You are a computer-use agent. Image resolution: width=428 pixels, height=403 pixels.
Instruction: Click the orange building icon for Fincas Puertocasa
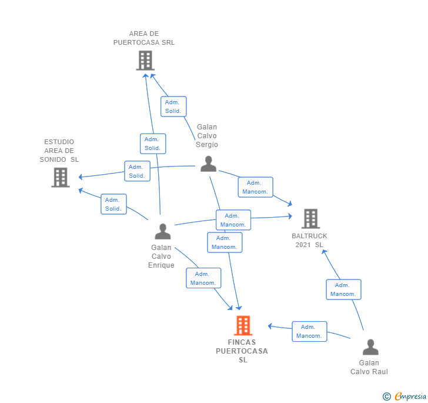pyautogui.click(x=243, y=325)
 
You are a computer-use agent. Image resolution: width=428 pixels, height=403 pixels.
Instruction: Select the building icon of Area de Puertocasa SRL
pyautogui.click(x=145, y=61)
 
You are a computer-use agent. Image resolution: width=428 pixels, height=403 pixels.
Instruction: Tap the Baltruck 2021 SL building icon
pyautogui.click(x=310, y=219)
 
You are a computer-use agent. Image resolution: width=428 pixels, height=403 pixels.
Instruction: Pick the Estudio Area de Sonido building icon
pyautogui.click(x=61, y=177)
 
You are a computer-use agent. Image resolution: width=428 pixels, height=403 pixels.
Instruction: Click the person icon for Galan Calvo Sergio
pyautogui.click(x=208, y=164)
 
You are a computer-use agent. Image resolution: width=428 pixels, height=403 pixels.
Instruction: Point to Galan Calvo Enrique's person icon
pyautogui.click(x=162, y=232)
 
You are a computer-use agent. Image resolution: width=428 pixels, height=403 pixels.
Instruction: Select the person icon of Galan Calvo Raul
pyautogui.click(x=370, y=347)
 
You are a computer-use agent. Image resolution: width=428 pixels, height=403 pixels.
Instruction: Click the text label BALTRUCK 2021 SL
pyautogui.click(x=310, y=240)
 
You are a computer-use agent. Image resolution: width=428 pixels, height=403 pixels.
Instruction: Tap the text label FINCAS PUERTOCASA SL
pyautogui.click(x=242, y=351)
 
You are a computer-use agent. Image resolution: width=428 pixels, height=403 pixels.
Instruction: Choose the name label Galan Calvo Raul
pyautogui.click(x=369, y=367)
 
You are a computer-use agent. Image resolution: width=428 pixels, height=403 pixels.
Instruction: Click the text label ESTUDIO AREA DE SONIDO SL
pyautogui.click(x=59, y=151)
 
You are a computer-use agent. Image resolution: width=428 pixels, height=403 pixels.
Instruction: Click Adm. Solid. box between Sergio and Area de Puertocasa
pyautogui.click(x=173, y=106)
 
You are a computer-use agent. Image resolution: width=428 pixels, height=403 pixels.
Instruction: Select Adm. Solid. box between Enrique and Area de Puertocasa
pyautogui.click(x=153, y=144)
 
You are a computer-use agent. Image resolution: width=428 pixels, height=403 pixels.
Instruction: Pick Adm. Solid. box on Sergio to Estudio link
pyautogui.click(x=137, y=171)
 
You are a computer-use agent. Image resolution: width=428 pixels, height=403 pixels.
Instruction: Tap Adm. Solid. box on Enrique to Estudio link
pyautogui.click(x=113, y=204)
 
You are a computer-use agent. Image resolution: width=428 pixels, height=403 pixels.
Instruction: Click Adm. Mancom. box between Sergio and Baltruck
pyautogui.click(x=255, y=187)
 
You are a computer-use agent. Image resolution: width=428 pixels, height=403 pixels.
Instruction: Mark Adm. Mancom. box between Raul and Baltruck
pyautogui.click(x=343, y=289)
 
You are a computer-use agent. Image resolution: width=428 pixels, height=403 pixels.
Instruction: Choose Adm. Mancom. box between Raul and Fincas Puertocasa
pyautogui.click(x=309, y=331)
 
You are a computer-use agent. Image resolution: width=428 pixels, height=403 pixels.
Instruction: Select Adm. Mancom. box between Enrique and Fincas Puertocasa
pyautogui.click(x=203, y=278)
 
